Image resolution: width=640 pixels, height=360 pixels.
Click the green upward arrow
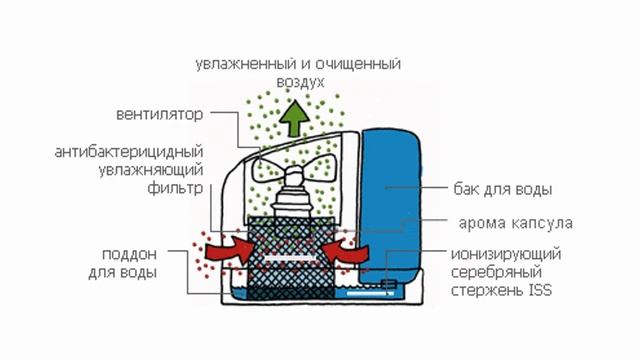[294, 121]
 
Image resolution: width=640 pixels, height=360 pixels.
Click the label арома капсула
[516, 221]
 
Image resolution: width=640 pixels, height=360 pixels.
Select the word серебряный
[497, 272]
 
